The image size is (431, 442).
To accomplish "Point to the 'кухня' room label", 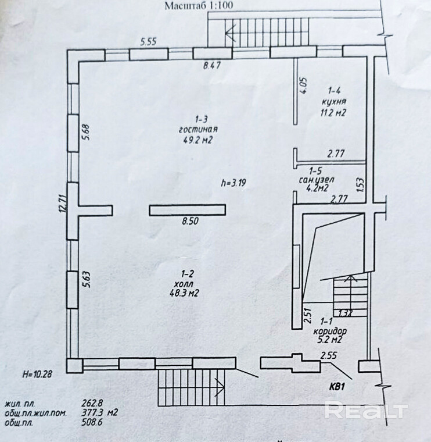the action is (x=333, y=102).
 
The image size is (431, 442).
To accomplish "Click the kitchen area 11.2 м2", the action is (x=333, y=113).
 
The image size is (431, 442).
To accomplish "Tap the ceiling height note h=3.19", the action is (x=234, y=183).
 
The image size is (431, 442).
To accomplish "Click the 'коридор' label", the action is (x=326, y=330).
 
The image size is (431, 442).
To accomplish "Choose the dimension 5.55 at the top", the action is (x=149, y=42).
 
